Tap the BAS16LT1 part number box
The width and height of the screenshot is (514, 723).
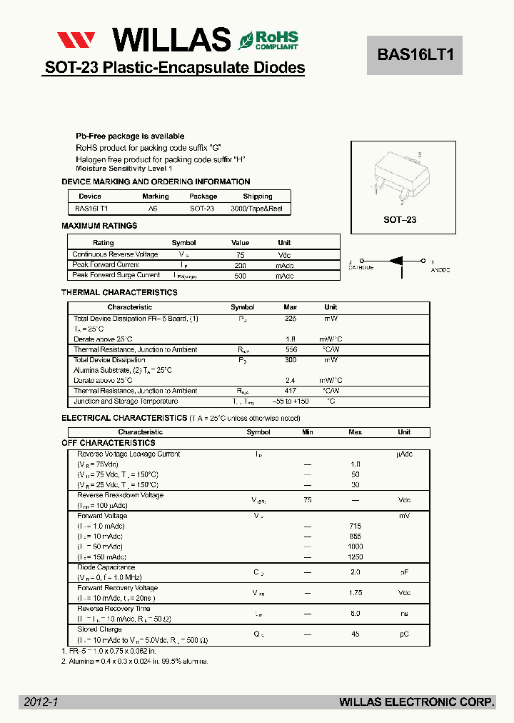pyautogui.click(x=415, y=55)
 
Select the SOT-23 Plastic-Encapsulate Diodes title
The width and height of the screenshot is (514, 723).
pyautogui.click(x=175, y=68)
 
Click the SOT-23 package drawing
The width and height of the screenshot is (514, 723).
pyautogui.click(x=399, y=178)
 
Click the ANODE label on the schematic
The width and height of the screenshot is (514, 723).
pyautogui.click(x=440, y=271)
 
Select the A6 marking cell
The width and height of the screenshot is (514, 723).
pyautogui.click(x=153, y=208)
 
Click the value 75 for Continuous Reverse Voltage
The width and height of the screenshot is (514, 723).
pyautogui.click(x=241, y=254)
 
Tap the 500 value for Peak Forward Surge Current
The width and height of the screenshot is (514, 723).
pyautogui.click(x=241, y=275)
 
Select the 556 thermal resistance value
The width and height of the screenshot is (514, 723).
pyautogui.click(x=291, y=349)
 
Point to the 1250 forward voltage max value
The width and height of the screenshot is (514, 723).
pyautogui.click(x=355, y=557)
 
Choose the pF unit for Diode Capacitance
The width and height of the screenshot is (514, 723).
pyautogui.click(x=404, y=572)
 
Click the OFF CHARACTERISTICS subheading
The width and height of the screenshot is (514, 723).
pyautogui.click(x=109, y=443)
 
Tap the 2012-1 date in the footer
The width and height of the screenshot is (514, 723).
pyautogui.click(x=41, y=702)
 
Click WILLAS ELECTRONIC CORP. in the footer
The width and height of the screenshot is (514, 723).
pyautogui.click(x=417, y=702)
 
